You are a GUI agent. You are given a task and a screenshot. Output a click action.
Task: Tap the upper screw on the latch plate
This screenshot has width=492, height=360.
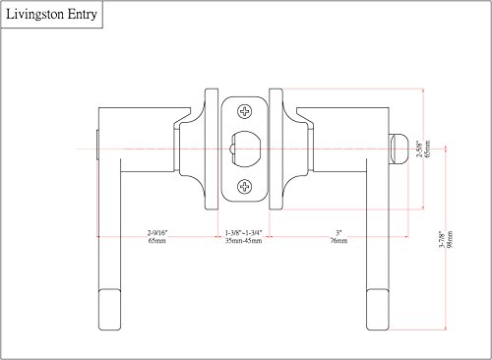(x=244, y=110)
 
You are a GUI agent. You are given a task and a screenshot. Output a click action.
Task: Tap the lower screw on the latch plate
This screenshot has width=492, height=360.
(x=244, y=186)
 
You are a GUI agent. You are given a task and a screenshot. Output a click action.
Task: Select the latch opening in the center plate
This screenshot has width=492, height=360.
(x=244, y=148)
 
